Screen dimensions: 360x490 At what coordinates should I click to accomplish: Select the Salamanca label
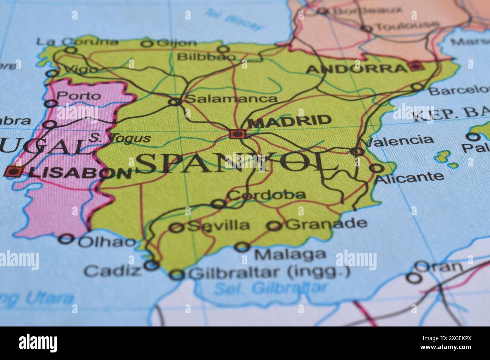[231, 99]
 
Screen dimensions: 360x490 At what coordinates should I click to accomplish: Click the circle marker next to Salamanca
[175, 102]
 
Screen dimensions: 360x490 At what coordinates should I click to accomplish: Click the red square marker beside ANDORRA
[415, 66]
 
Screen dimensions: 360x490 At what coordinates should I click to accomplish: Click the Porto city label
[78, 96]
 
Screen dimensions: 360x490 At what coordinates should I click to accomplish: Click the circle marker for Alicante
[377, 168]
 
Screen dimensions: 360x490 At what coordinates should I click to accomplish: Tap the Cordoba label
[267, 195]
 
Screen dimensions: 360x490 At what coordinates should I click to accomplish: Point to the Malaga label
[290, 254]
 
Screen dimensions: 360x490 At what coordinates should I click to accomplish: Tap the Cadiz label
[112, 270]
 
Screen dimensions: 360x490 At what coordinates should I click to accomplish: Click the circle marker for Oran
[413, 278]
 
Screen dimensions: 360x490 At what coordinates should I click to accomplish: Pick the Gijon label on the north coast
[176, 43]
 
